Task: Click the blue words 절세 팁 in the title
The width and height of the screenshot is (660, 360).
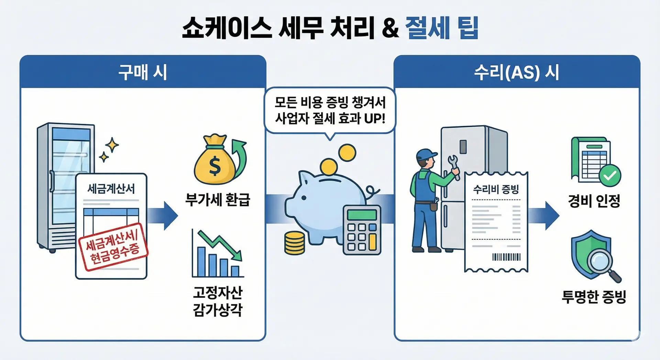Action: (x=442, y=28)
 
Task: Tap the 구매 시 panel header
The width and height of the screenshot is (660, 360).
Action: (x=143, y=72)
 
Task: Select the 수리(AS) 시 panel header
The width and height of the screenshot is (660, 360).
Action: (x=516, y=72)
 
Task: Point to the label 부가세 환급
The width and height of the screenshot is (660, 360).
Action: (x=218, y=199)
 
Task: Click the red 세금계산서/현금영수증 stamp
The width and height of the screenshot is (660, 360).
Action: (x=113, y=247)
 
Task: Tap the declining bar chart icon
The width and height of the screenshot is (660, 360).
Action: (x=217, y=254)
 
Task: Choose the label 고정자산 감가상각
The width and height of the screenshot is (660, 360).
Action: (x=218, y=301)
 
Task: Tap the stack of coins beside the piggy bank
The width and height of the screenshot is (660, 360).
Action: (x=295, y=243)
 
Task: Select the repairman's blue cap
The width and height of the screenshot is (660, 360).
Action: (x=426, y=154)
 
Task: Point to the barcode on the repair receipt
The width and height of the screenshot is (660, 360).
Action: (x=506, y=257)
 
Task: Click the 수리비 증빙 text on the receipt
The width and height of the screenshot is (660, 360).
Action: (x=496, y=189)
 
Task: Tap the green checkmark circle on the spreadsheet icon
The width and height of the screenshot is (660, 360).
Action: (x=610, y=175)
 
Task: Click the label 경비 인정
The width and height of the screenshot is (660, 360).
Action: (x=594, y=201)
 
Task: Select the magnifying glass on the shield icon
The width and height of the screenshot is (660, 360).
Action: (x=602, y=263)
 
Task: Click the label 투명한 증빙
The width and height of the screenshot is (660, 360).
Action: (x=594, y=296)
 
